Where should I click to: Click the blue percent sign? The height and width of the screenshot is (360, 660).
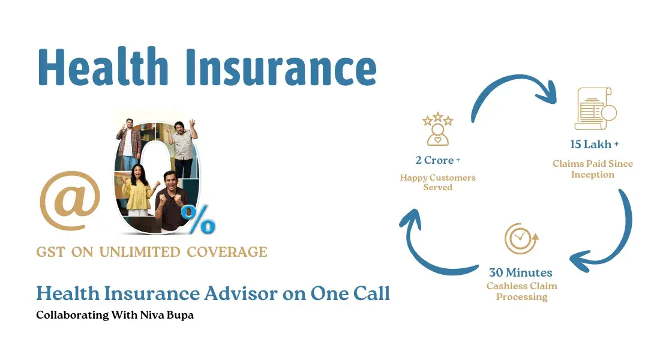(x=198, y=220)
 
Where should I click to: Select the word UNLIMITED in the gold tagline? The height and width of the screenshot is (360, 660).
(x=140, y=252)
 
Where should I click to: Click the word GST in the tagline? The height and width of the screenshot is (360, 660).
(x=50, y=252)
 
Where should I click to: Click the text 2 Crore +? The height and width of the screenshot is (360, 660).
(x=437, y=160)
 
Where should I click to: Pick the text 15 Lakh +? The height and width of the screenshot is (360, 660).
(x=594, y=144)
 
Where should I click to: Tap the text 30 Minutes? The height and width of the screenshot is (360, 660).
(x=521, y=272)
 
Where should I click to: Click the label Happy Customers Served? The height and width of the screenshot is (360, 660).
(x=437, y=182)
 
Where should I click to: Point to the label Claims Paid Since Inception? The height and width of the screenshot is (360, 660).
(x=593, y=169)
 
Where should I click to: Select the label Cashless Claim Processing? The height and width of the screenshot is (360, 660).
(x=521, y=292)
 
